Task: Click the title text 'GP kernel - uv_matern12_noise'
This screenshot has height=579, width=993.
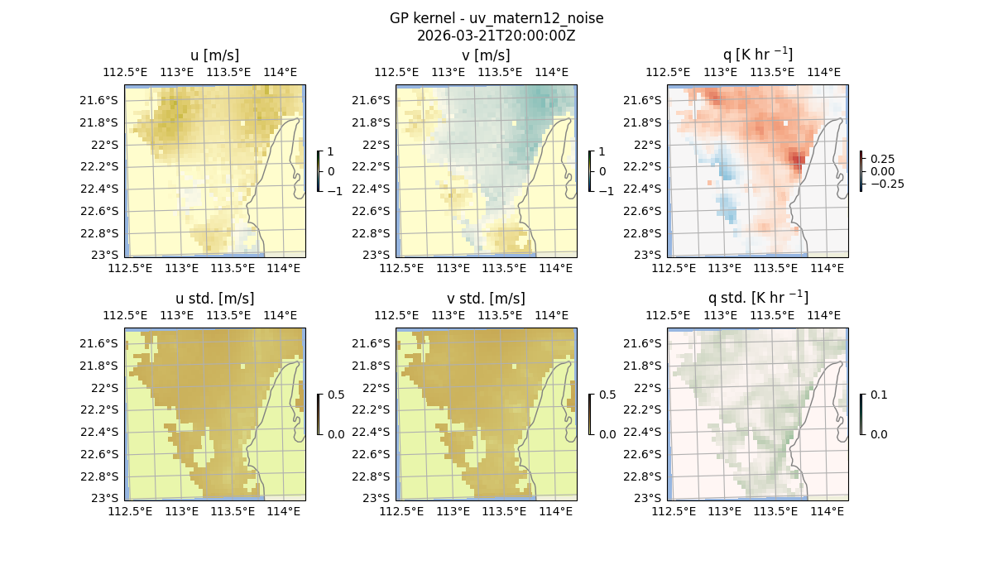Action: point(496,18)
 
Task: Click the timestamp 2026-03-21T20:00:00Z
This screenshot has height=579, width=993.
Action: point(496,36)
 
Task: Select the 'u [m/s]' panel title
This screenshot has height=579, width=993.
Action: point(215,55)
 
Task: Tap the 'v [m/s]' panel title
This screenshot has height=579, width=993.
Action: point(487,55)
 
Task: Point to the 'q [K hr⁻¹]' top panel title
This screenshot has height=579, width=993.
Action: point(757,55)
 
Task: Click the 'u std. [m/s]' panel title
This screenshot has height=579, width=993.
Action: point(215,299)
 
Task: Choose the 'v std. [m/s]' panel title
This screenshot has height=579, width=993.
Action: point(487,299)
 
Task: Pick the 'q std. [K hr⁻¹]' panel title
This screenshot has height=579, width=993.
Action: point(757,298)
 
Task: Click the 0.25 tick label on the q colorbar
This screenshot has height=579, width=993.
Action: point(881,159)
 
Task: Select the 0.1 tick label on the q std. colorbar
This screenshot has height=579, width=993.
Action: point(877,395)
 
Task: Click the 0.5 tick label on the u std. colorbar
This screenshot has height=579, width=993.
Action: point(336,395)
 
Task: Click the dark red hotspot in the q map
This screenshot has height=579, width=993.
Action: point(797,158)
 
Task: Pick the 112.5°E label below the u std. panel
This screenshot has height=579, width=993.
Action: point(130,512)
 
